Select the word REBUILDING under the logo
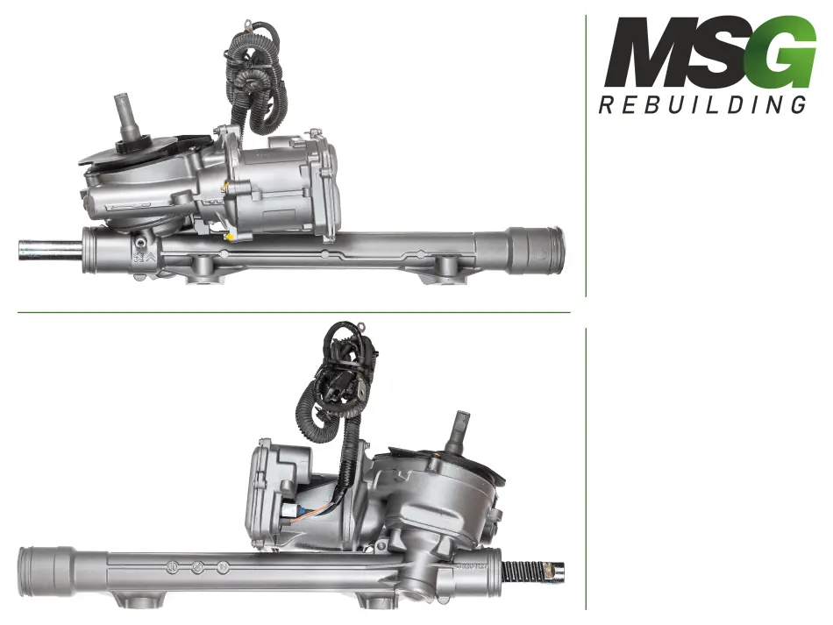pyautogui.click(x=702, y=104)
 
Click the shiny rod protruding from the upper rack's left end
pyautogui.click(x=50, y=250)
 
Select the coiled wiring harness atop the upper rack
pyautogui.click(x=254, y=80)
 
